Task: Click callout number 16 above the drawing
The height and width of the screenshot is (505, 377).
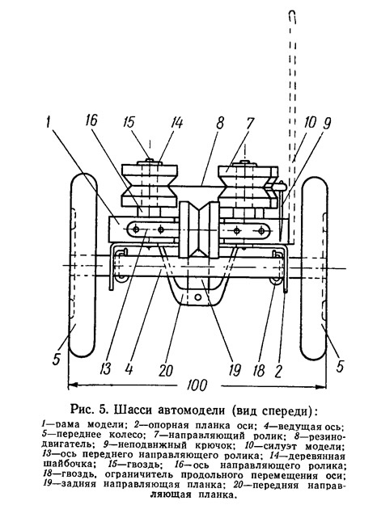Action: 91,120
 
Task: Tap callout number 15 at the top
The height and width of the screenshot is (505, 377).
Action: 129,122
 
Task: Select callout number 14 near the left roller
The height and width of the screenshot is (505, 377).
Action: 177,123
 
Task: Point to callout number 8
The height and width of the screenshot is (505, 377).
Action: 220,122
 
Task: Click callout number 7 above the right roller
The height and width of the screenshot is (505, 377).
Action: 250,123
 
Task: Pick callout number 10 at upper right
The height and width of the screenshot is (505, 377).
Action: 310,122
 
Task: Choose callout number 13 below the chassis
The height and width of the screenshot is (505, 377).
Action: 105,368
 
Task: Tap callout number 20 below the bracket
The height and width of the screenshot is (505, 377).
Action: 166,370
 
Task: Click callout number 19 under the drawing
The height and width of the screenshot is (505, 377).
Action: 235,369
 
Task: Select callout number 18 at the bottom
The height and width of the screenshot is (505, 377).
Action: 259,370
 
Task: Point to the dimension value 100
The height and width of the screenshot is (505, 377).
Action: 197,385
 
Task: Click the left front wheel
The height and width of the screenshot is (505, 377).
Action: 83,265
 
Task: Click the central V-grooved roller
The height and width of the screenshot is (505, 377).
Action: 199,229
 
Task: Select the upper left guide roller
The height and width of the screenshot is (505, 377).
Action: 150,186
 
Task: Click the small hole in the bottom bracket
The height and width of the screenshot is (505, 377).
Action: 198,296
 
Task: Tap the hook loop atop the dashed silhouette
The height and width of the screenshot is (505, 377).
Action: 292,17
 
